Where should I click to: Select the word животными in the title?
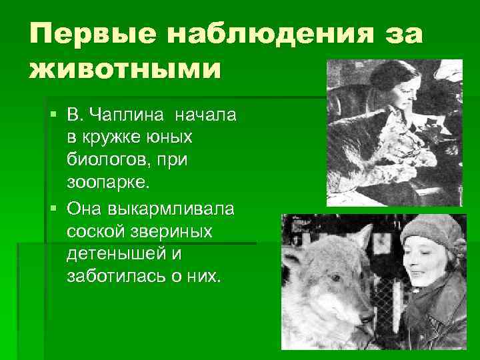pos(124,69)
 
